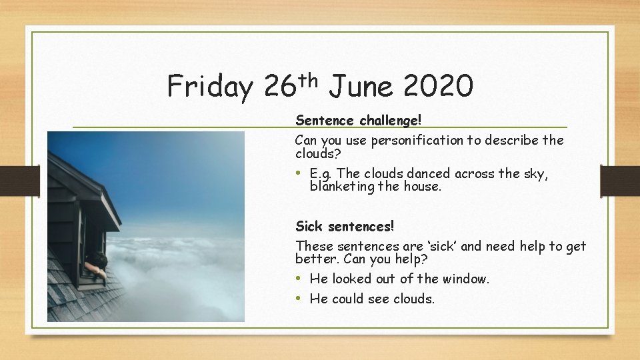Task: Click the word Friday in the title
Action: coord(209,87)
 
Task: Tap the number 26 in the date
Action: coord(280,87)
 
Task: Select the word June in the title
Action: coord(361,87)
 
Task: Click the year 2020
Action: coord(438,87)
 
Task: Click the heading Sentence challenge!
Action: coord(359,121)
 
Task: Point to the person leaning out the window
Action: coord(97,265)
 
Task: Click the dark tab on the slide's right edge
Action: coord(619,180)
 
